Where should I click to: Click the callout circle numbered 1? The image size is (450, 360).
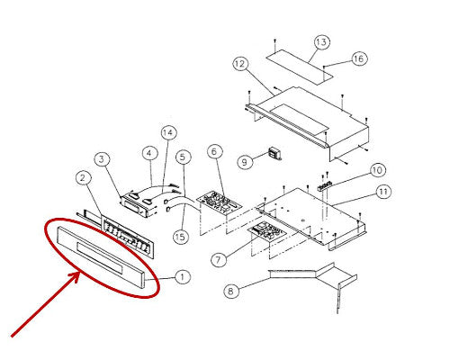pyautogui.click(x=182, y=276)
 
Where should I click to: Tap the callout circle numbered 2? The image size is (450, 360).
pyautogui.click(x=83, y=178)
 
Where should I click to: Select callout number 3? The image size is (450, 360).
pyautogui.click(x=102, y=159)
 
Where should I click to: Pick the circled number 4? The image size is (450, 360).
pyautogui.click(x=149, y=154)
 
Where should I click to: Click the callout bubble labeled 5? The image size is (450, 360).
pyautogui.click(x=183, y=157)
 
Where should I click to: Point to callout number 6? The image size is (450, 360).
pyautogui.click(x=215, y=152)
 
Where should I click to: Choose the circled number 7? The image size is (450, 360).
pyautogui.click(x=219, y=259)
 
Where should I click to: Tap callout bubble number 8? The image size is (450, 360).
pyautogui.click(x=231, y=291)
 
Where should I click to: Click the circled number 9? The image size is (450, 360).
pyautogui.click(x=245, y=162)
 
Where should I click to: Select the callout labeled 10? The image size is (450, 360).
pyautogui.click(x=377, y=170)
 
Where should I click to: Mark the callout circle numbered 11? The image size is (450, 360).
pyautogui.click(x=383, y=192)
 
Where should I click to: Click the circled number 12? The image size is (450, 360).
pyautogui.click(x=240, y=64)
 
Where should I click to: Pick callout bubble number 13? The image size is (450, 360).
pyautogui.click(x=321, y=42)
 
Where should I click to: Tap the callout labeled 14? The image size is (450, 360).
pyautogui.click(x=168, y=132)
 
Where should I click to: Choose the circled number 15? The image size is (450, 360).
pyautogui.click(x=181, y=237)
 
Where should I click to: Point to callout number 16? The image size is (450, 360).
pyautogui.click(x=359, y=58)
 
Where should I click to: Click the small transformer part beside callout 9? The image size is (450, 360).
pyautogui.click(x=274, y=154)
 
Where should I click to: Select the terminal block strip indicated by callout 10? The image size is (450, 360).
pyautogui.click(x=325, y=185)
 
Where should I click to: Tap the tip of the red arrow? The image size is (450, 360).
pyautogui.click(x=78, y=273)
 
